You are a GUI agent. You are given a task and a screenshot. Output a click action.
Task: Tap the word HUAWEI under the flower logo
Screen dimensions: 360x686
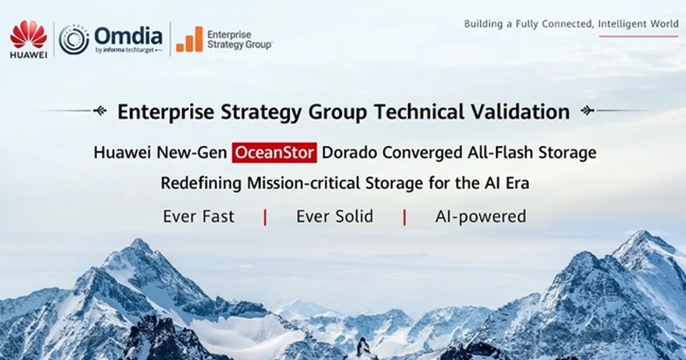[28, 55]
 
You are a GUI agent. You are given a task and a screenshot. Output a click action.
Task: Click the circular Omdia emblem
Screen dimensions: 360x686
[74, 39]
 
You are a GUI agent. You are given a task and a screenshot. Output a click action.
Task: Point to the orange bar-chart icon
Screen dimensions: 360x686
[189, 39]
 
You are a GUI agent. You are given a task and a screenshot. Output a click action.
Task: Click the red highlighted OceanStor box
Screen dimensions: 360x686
[274, 153]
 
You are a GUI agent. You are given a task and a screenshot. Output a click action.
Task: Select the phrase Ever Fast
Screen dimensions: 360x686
[198, 217]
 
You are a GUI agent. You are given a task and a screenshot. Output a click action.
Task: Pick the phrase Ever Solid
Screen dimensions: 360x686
[334, 217]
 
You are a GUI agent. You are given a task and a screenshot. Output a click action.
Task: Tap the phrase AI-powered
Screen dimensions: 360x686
[480, 217]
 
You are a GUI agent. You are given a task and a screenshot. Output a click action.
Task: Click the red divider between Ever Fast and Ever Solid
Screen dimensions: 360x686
[265, 217]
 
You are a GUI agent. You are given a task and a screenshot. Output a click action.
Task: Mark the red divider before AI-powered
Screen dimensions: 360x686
[405, 217]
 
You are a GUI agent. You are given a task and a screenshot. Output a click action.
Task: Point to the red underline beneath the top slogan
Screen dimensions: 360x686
[639, 36]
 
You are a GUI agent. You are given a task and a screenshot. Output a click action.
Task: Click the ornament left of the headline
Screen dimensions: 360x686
[99, 110]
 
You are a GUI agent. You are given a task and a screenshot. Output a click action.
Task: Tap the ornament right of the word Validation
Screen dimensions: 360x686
[587, 110]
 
